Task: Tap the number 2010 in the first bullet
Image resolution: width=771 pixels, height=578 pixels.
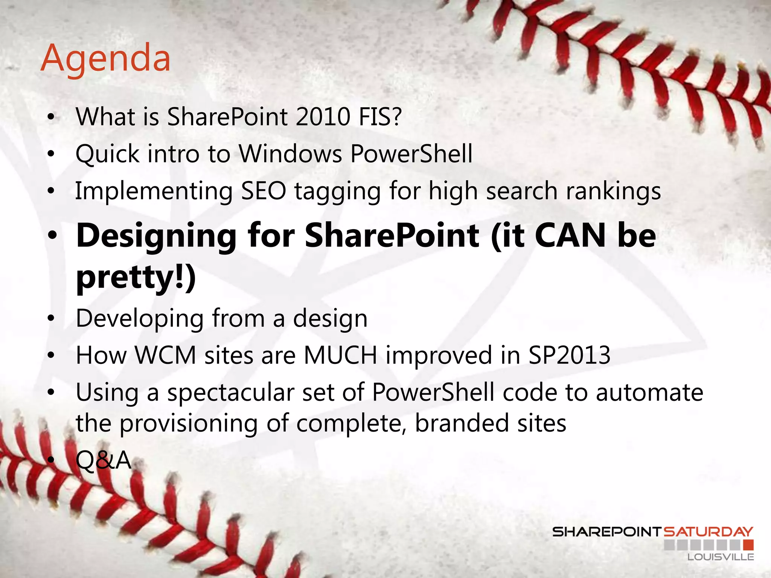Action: (x=323, y=117)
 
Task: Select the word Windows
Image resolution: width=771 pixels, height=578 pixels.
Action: (x=291, y=154)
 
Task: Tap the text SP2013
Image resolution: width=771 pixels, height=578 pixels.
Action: (x=569, y=355)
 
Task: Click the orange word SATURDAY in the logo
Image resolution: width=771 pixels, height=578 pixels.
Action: (x=708, y=532)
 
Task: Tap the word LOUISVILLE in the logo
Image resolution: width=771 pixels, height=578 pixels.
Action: (x=721, y=557)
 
